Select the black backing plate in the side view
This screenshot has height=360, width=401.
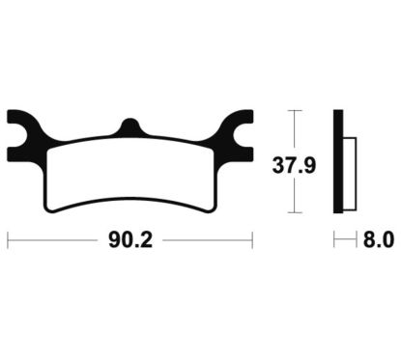click(x=338, y=159)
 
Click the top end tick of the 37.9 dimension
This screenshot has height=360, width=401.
click(x=295, y=111)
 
